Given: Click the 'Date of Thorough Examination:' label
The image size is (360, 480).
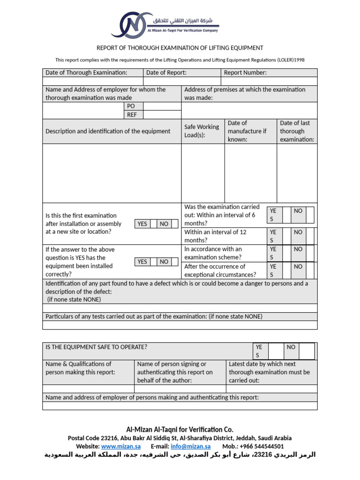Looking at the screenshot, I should tap(86, 73).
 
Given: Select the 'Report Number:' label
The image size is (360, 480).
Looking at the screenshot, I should tap(245, 73).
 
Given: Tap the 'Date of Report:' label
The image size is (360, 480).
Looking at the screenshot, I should tap(166, 73).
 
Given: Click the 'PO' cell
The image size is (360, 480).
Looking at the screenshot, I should tap(131, 106).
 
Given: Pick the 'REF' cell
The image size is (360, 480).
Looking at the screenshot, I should tap(131, 115).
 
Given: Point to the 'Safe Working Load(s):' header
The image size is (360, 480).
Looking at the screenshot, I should tap(202, 131).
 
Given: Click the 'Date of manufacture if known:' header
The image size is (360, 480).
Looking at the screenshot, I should tap(247, 131).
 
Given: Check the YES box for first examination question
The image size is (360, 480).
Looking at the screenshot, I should tap(142, 224).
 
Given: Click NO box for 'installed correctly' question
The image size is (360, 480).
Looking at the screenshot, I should tap(164, 262).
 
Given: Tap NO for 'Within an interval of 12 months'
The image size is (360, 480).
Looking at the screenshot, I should tap(298, 232).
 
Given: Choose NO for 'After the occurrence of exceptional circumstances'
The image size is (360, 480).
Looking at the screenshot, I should tap(298, 267).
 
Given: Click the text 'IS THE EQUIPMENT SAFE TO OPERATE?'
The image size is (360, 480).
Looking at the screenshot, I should tap(97, 347).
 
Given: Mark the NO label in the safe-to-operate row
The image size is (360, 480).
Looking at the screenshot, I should tap(291, 347).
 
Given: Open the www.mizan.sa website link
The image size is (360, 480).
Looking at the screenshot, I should tap(121, 447).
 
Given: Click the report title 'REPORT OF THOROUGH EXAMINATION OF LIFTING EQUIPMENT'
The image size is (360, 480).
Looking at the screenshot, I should tap(180, 48).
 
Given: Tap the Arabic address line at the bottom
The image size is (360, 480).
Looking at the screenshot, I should tap(180, 455).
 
